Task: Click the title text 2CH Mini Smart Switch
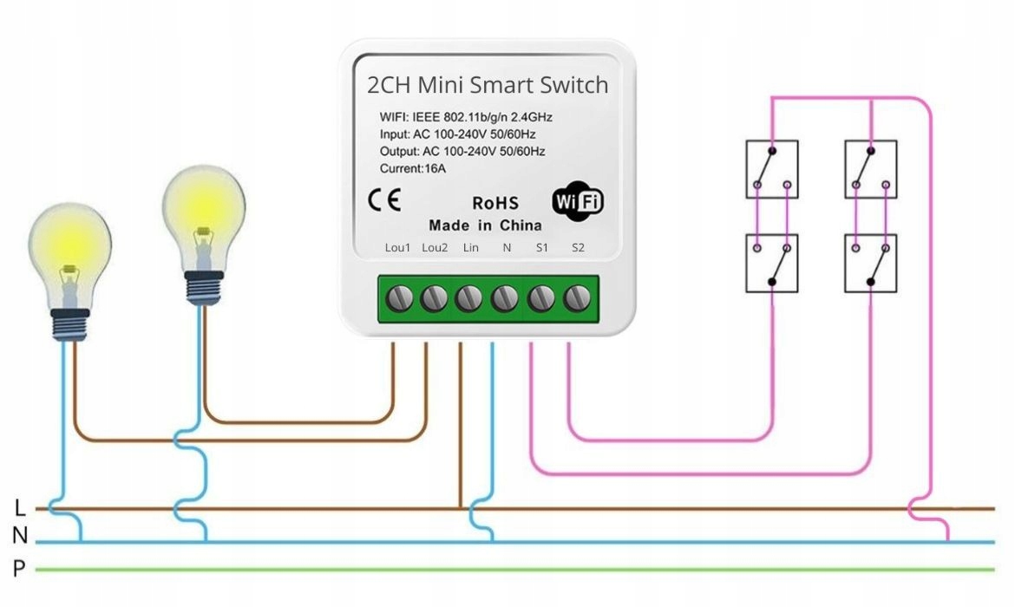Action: click(x=488, y=86)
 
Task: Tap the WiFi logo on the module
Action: click(x=578, y=201)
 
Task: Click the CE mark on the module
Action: click(x=384, y=201)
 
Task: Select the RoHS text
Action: click(x=494, y=204)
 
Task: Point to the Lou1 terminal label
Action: click(x=397, y=248)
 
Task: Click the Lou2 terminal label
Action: click(x=435, y=248)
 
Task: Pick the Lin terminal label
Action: click(x=470, y=248)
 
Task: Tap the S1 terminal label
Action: click(x=542, y=248)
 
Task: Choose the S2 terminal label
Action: click(x=578, y=248)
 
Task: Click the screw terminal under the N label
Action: click(x=505, y=299)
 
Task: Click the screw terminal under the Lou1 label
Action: click(x=398, y=299)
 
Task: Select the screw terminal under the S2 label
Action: click(x=575, y=299)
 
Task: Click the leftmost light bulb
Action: click(x=69, y=269)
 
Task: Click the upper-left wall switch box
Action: click(x=772, y=169)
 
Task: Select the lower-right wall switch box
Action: click(x=870, y=263)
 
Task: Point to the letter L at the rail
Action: click(x=20, y=508)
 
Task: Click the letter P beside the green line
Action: click(x=19, y=569)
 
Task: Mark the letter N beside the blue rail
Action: click(x=20, y=538)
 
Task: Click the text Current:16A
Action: click(x=413, y=168)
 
